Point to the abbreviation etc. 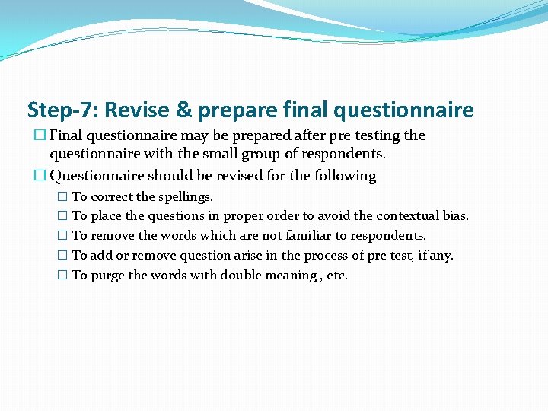[337, 276]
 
